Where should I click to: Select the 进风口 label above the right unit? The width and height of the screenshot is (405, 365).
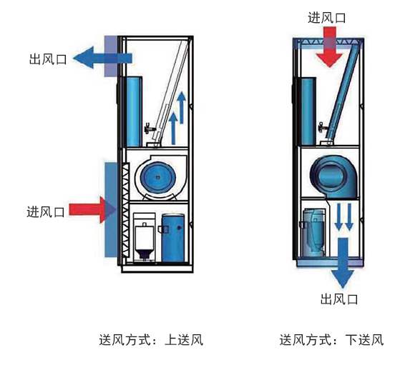point(328,17)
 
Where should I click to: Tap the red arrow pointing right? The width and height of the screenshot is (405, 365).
point(93,209)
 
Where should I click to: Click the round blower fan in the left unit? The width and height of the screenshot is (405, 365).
point(158,174)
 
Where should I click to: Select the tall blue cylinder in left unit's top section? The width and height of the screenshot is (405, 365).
point(135,106)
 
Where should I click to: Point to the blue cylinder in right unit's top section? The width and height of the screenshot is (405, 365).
point(306,109)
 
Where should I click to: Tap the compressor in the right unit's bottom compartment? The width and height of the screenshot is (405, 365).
point(316,231)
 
